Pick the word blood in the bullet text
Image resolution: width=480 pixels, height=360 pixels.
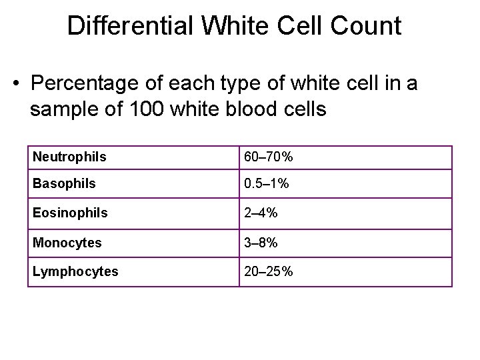(262, 109)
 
